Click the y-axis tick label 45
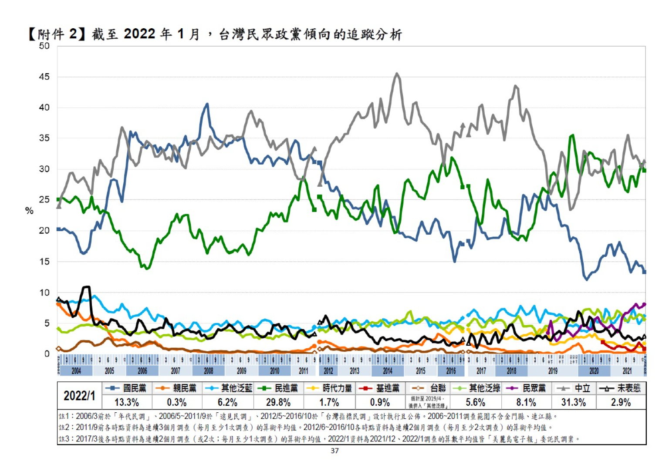tap(44, 77)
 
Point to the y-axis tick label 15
tap(44, 262)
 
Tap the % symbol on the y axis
tap(29, 211)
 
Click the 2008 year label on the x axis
tap(208, 371)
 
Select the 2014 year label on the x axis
tap(387, 371)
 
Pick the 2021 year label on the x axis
tap(627, 371)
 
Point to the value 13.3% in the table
tap(127, 402)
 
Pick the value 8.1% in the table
tap(526, 402)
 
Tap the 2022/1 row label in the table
tap(79, 395)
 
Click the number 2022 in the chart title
tap(139, 34)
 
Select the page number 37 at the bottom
tap(334, 451)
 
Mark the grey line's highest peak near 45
tap(396, 74)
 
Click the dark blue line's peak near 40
tap(207, 104)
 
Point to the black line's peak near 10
tap(87, 287)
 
